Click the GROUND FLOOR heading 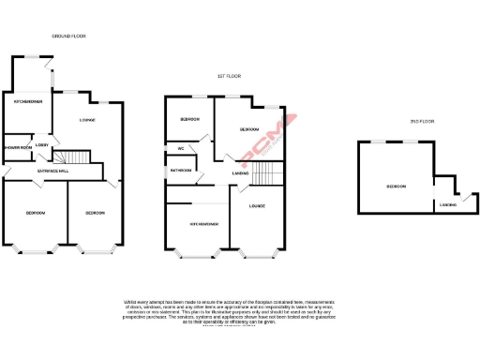[68, 37]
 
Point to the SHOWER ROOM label [19, 147]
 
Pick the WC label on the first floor [179, 149]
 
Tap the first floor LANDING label [240, 172]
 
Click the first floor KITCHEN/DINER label [204, 225]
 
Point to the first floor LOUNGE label [257, 206]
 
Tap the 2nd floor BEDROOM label [396, 187]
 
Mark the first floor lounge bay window [257, 254]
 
